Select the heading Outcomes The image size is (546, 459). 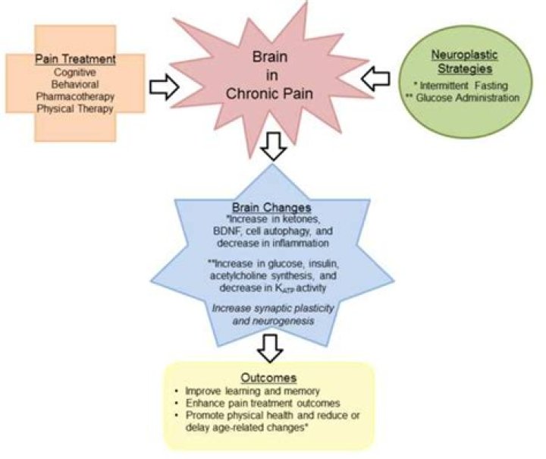pyautogui.click(x=270, y=377)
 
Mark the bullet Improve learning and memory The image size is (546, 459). pyautogui.click(x=245, y=391)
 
